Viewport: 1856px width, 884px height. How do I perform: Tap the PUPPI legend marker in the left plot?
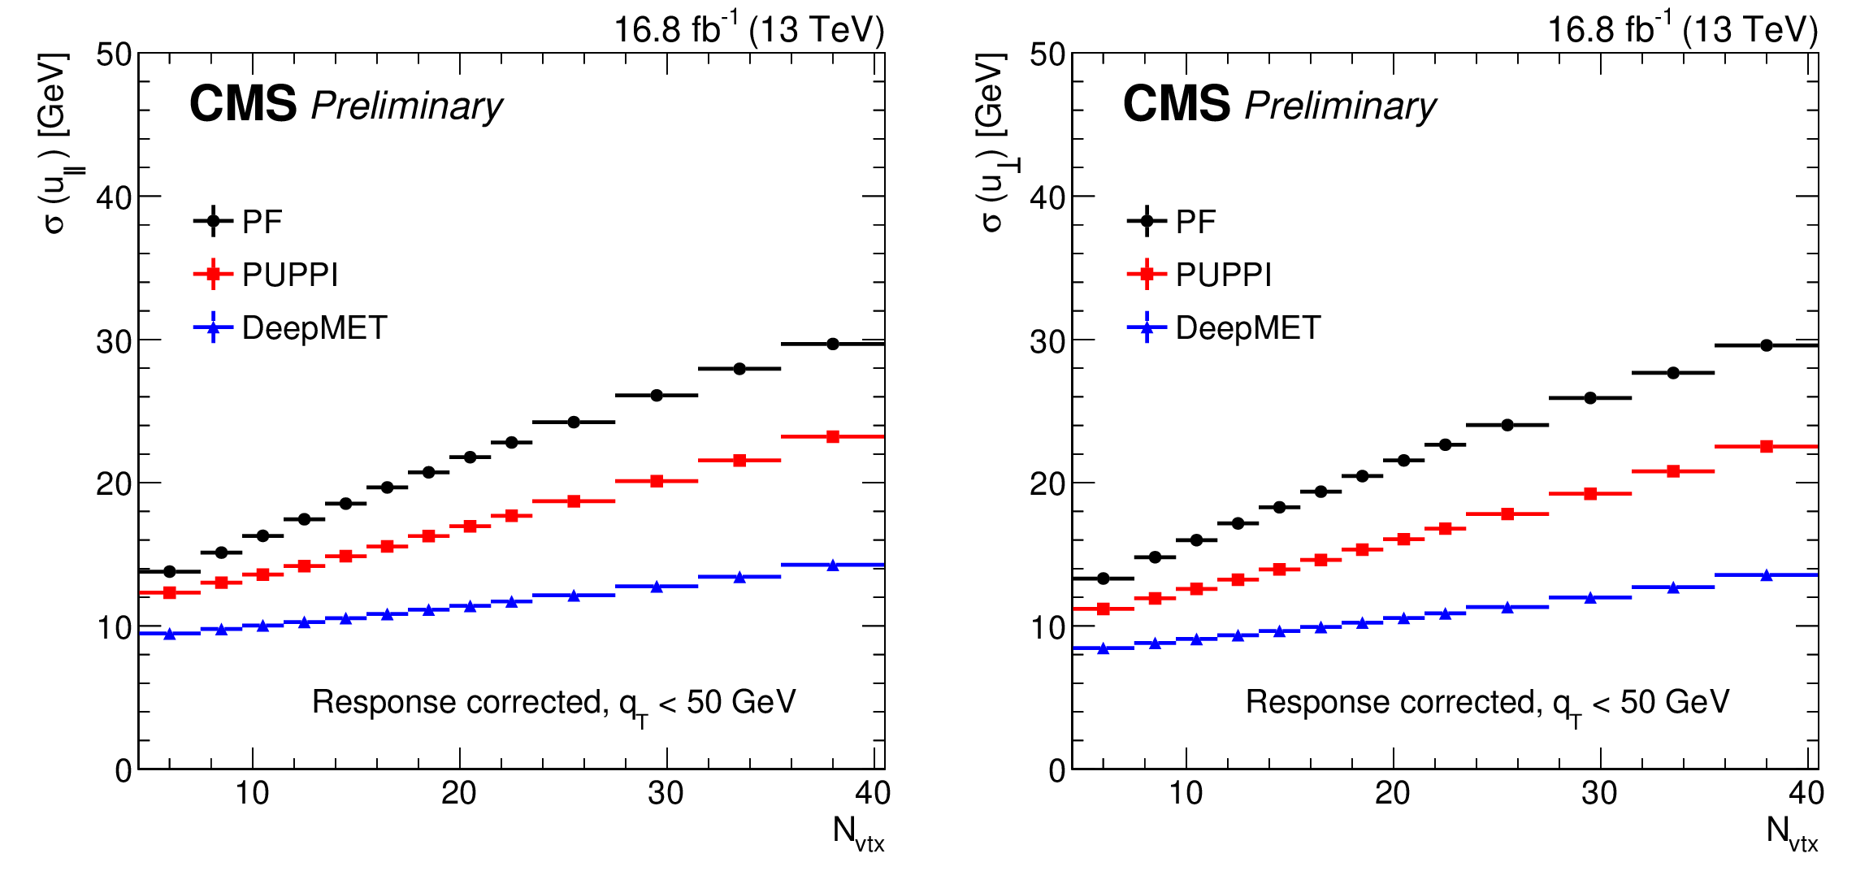click(x=213, y=275)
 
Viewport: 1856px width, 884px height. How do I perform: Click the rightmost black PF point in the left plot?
click(x=832, y=344)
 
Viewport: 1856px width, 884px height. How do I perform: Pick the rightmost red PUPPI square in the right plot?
click(x=1766, y=446)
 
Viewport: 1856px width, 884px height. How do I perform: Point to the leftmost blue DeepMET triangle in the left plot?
click(x=169, y=634)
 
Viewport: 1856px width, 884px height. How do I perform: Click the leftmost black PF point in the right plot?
click(x=1103, y=578)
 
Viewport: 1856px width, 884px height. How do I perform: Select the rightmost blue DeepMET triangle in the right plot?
click(x=1766, y=575)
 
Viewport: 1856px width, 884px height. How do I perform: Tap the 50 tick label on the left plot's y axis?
click(x=114, y=55)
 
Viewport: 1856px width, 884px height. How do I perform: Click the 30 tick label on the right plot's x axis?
click(x=1599, y=793)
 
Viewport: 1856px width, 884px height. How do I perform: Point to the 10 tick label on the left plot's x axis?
click(x=252, y=793)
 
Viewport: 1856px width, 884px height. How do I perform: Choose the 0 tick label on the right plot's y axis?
click(x=1056, y=770)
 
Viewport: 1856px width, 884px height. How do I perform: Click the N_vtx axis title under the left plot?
click(x=858, y=834)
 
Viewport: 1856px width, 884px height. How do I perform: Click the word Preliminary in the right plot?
click(x=1340, y=106)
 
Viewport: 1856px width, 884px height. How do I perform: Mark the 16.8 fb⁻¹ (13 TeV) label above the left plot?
click(x=748, y=30)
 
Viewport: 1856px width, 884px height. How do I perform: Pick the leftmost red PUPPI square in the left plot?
click(x=169, y=592)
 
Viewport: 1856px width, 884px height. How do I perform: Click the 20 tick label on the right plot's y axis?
click(x=1047, y=484)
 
